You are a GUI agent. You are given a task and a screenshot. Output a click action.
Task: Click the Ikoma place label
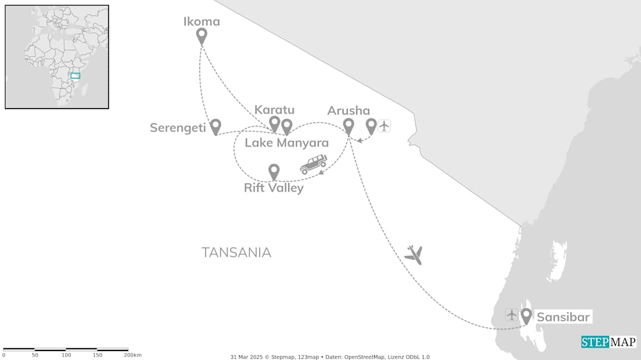pyautogui.click(x=202, y=22)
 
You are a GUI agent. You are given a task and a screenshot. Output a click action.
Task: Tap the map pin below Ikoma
pyautogui.click(x=202, y=36)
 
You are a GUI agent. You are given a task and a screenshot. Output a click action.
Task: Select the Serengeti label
pyautogui.click(x=177, y=128)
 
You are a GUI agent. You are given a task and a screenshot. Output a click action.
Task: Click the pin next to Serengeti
pyautogui.click(x=215, y=127)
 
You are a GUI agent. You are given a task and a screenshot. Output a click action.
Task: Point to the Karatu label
pyautogui.click(x=274, y=110)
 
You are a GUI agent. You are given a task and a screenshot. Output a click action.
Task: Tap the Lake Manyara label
pyautogui.click(x=286, y=143)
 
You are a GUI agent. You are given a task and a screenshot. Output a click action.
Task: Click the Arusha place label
pyautogui.click(x=348, y=110)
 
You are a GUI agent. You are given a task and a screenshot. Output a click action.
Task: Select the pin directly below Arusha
pyautogui.click(x=348, y=127)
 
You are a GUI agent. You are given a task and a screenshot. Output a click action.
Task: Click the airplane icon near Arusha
pyautogui.click(x=383, y=126)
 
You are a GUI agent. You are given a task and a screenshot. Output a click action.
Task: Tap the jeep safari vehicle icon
pyautogui.click(x=313, y=164)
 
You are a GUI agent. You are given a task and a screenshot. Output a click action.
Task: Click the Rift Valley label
pyautogui.click(x=274, y=188)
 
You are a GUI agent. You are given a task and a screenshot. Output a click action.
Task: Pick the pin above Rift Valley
pyautogui.click(x=274, y=171)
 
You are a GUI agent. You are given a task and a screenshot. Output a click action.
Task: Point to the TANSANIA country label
pyautogui.click(x=236, y=252)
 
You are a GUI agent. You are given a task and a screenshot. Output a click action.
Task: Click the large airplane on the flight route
pyautogui.click(x=413, y=255)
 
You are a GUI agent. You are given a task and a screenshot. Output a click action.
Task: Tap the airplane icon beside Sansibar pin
pyautogui.click(x=512, y=315)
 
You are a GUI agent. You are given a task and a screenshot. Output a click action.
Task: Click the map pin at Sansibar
pyautogui.click(x=526, y=316)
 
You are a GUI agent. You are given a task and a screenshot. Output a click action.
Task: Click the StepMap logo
pyautogui.click(x=609, y=342)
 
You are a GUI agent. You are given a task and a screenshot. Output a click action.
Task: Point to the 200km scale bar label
pyautogui.click(x=133, y=355)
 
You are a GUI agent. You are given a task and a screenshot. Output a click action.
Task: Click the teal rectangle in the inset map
pyautogui.click(x=75, y=75)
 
